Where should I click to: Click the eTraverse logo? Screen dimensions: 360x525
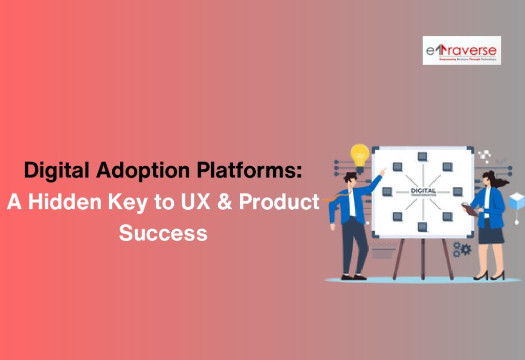[461, 50]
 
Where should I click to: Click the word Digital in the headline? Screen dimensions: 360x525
[54, 170]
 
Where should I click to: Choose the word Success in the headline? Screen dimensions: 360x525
[163, 233]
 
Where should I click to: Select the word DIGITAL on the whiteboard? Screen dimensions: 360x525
[422, 190]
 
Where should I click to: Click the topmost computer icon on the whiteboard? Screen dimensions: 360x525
[422, 156]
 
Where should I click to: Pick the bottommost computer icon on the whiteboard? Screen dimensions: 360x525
[422, 226]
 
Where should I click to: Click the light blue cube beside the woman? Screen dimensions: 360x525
[517, 199]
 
